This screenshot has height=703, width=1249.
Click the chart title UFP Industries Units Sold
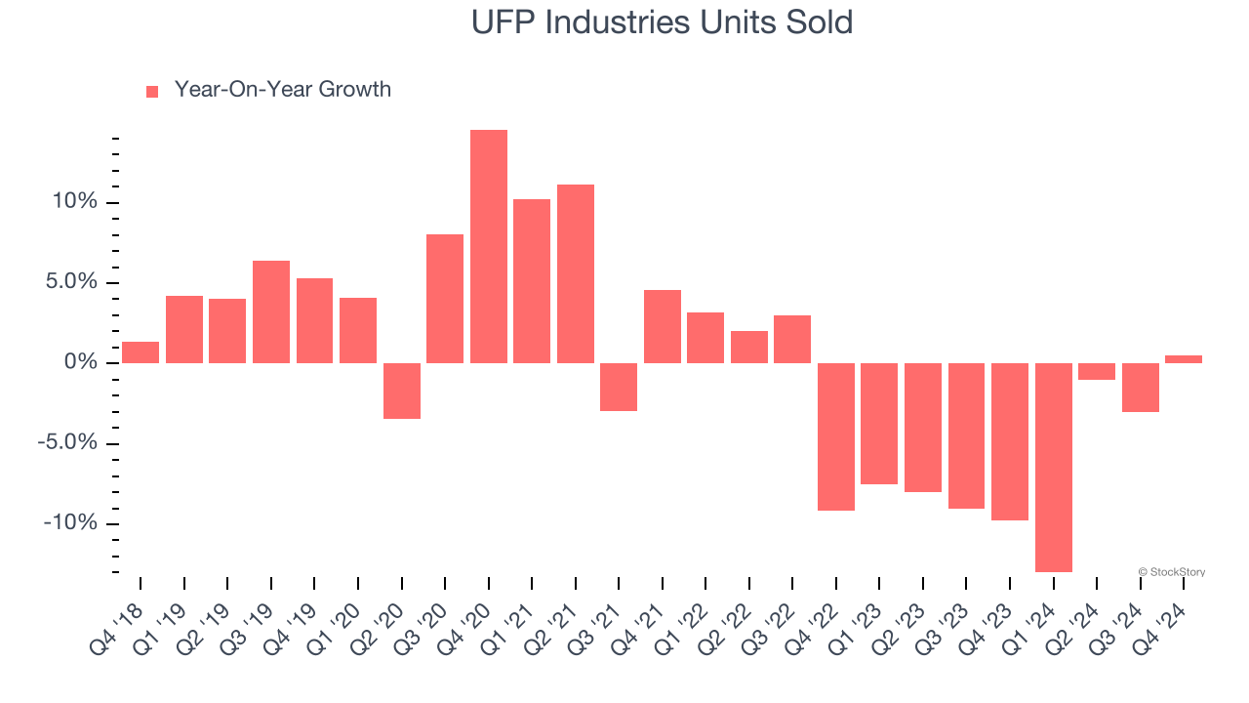tap(662, 22)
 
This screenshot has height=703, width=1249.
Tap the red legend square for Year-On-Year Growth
tap(152, 91)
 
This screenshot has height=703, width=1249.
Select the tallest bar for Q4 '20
tap(489, 246)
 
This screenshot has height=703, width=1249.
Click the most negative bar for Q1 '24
tap(1054, 467)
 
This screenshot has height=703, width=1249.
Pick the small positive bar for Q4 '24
tap(1184, 359)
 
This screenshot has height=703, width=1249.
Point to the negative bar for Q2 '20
tap(402, 391)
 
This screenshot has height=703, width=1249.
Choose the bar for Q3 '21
tap(619, 387)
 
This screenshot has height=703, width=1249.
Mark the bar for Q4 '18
tap(141, 352)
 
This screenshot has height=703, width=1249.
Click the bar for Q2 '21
tap(576, 273)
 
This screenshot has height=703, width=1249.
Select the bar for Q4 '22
tap(836, 436)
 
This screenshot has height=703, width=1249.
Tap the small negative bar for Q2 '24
tap(1097, 371)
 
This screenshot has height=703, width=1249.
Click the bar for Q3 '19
tap(271, 311)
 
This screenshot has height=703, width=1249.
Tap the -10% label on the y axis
tap(70, 523)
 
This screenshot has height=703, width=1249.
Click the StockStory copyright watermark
tap(1171, 572)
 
